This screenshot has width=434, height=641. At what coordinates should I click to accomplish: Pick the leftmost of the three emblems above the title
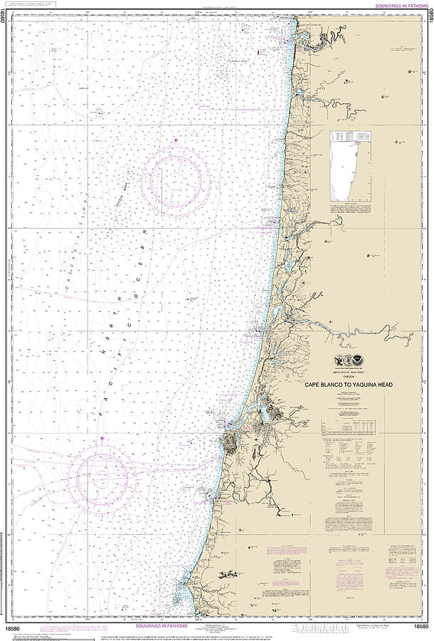pyautogui.click(x=337, y=364)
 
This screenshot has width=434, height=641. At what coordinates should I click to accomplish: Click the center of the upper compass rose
pyautogui.click(x=174, y=177)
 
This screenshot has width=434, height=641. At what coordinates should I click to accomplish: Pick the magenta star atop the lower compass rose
pyautogui.click(x=104, y=437)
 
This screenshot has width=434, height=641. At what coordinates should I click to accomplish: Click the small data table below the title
pyautogui.click(x=349, y=426)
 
